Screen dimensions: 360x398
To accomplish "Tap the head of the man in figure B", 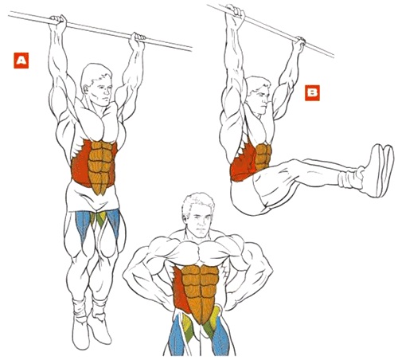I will [x=259, y=93].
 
